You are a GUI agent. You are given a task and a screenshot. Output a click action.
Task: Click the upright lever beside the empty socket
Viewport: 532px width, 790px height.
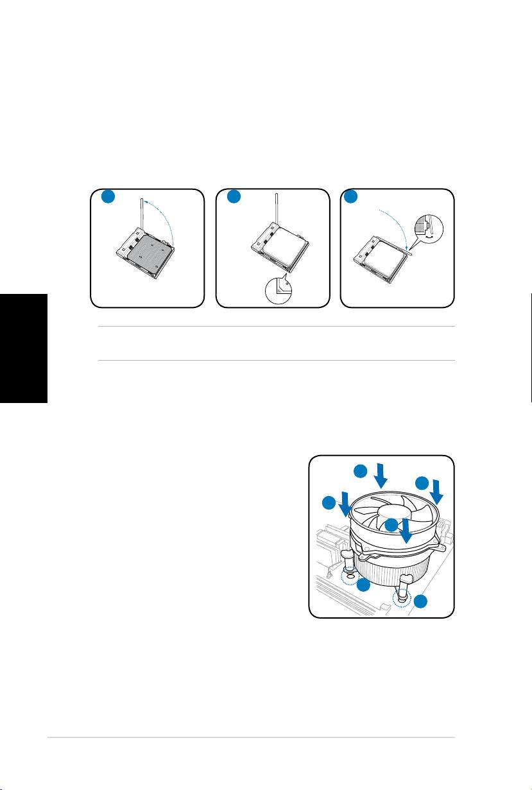[x=141, y=218]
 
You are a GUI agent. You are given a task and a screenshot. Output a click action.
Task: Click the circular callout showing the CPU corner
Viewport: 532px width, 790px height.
[x=278, y=289]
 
